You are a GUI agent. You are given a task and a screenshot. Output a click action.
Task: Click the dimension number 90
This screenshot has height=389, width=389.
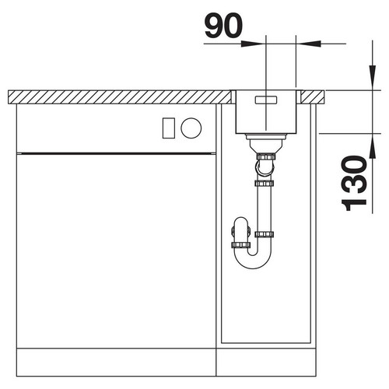(223, 26)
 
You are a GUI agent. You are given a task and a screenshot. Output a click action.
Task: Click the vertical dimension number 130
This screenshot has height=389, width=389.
(353, 183)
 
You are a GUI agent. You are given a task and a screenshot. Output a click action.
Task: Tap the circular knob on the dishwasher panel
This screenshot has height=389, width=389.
(191, 128)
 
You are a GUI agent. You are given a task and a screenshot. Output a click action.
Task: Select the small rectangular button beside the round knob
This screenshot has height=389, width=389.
(169, 128)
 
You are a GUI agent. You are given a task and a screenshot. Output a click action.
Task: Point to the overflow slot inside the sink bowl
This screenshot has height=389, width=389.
(266, 100)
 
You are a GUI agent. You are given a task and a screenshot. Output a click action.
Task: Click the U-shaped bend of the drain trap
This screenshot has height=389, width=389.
(253, 258)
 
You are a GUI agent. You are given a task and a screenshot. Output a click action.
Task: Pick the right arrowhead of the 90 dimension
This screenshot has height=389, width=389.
(310, 44)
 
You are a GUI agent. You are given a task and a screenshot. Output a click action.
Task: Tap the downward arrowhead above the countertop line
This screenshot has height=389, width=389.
(373, 76)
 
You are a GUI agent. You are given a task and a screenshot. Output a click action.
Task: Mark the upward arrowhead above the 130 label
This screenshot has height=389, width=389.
(373, 147)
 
